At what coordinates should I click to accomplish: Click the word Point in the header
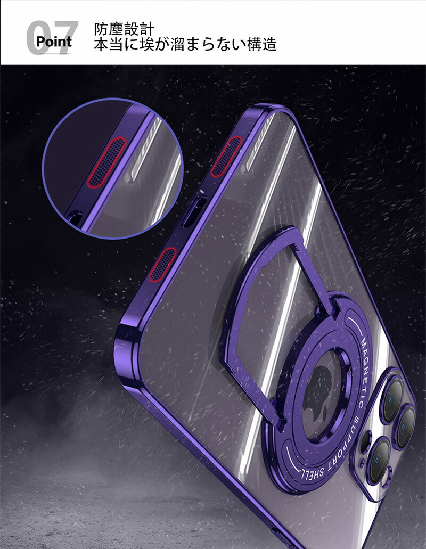(x=54, y=42)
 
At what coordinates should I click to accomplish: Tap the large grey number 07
(x=53, y=37)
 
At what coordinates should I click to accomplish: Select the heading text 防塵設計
(x=124, y=29)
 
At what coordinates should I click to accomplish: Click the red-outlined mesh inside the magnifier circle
(x=106, y=162)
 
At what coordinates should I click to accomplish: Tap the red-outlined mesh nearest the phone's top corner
(x=226, y=156)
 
